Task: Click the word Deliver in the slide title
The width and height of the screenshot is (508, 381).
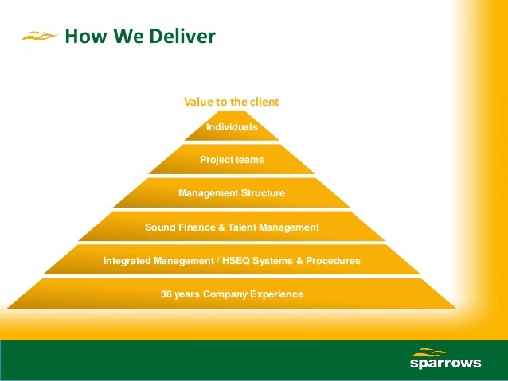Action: pos(181,37)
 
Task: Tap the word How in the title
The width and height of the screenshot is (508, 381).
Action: pos(80,37)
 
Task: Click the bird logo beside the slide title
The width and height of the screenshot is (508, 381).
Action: pos(39,36)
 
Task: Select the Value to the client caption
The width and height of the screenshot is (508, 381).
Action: pos(232,102)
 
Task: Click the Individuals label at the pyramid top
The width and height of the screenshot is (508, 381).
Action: pos(232,127)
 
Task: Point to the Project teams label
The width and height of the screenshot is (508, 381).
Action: pos(232,160)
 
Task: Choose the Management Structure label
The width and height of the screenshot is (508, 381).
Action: pos(232,193)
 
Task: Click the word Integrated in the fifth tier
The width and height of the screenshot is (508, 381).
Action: pos(128,261)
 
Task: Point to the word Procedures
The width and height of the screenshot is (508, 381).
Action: pos(332,261)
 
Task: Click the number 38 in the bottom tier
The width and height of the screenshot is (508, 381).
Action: pos(166,294)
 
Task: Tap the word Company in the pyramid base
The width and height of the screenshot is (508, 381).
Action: pos(225,294)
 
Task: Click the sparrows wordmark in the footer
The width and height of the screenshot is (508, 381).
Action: pos(445,364)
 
